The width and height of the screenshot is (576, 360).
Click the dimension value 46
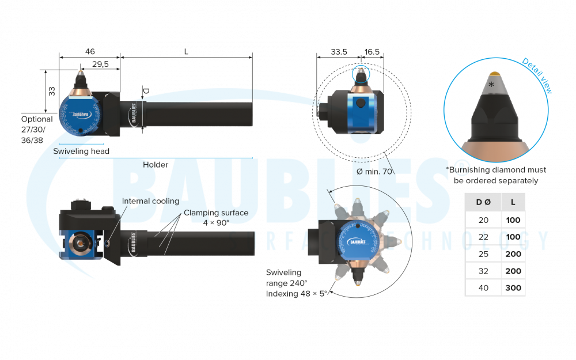[x=90, y=52]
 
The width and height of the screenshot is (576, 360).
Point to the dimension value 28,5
[x=100, y=64]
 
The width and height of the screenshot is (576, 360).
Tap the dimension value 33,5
[x=339, y=52]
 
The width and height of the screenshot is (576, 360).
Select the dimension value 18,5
[x=372, y=52]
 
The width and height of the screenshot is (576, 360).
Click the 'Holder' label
[x=156, y=165]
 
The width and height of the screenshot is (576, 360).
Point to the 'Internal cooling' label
[x=150, y=202]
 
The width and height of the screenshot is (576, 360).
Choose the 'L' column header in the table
[x=513, y=202]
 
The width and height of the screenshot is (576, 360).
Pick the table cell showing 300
[x=513, y=287]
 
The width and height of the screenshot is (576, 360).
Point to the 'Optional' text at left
[x=37, y=119]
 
